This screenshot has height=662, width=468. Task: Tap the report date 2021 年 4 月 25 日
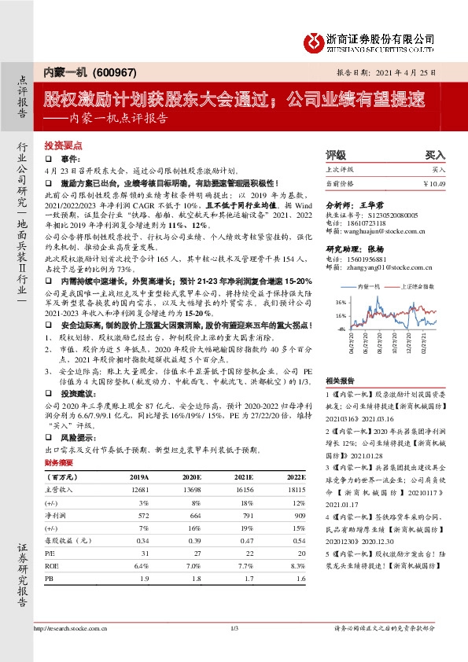click(x=415, y=72)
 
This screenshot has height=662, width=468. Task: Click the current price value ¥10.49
click(x=433, y=183)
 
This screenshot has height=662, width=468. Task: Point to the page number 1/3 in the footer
click(x=234, y=628)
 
